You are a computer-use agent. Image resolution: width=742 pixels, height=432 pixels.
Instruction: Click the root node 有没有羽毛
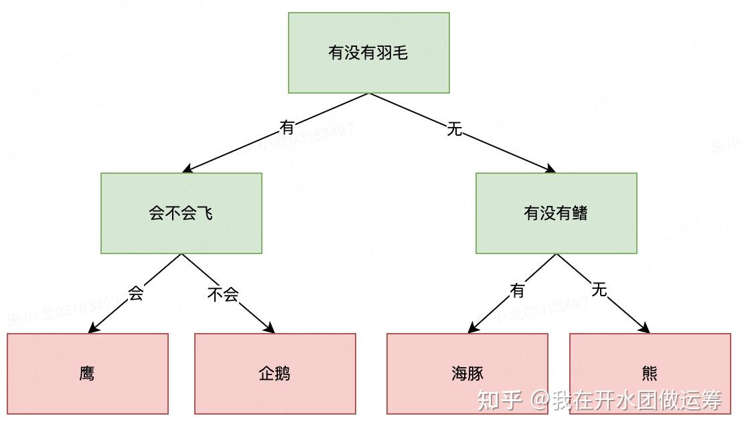(368, 53)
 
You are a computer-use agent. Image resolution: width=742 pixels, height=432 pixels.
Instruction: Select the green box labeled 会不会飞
(181, 213)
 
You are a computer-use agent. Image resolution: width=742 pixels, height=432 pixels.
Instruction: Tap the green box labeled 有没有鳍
(556, 213)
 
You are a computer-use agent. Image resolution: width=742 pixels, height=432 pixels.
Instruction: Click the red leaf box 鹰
(87, 374)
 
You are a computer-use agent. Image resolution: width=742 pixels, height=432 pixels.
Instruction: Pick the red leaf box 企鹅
(275, 374)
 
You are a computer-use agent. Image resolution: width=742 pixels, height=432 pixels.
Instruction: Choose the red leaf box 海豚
(467, 374)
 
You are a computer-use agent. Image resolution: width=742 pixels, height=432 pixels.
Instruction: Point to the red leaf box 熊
(650, 374)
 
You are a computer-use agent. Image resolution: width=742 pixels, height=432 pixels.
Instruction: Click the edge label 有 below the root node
(287, 126)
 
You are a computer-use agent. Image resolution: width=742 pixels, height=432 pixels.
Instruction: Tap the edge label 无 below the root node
(455, 129)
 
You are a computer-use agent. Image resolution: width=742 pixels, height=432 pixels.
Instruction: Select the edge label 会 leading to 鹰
(136, 293)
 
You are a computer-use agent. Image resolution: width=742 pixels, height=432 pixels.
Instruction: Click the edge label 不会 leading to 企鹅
(223, 294)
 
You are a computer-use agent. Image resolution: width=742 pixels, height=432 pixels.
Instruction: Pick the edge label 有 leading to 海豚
(518, 290)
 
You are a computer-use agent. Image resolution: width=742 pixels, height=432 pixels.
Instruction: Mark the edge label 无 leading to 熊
(599, 290)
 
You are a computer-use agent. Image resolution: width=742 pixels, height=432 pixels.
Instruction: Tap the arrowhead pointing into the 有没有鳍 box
(550, 170)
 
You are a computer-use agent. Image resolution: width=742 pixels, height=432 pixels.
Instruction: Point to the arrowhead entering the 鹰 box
(92, 329)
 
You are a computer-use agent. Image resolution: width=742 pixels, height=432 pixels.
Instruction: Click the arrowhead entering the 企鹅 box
(271, 329)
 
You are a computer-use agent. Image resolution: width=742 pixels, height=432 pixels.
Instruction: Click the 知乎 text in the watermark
(499, 400)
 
